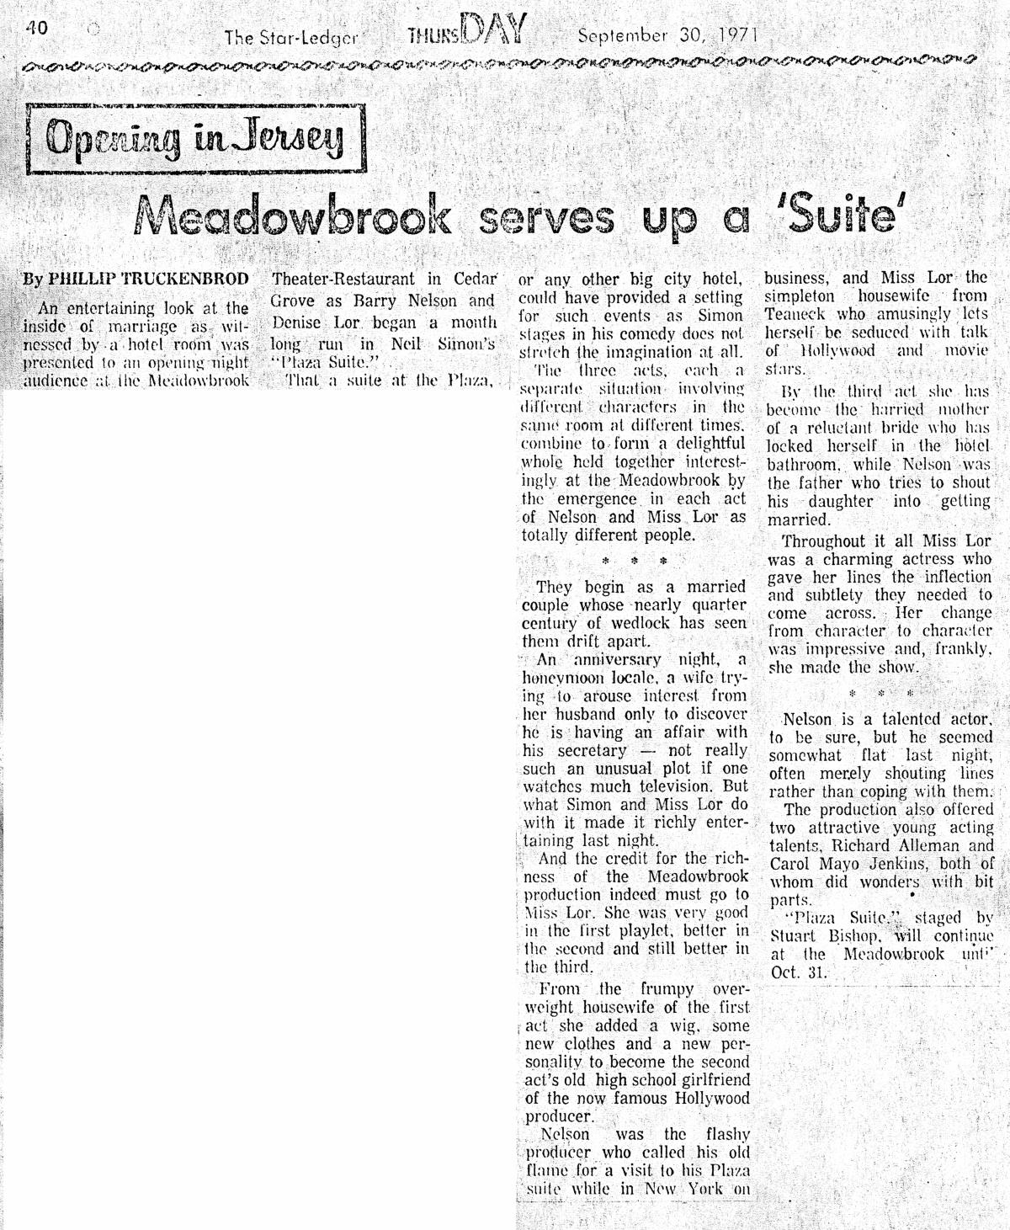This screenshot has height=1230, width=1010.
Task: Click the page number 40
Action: coord(35,27)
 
